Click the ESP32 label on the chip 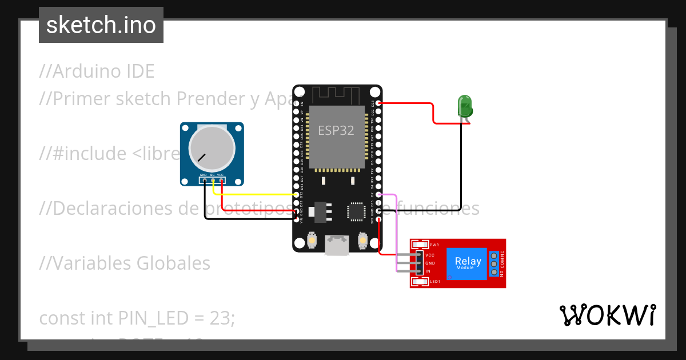click(x=336, y=130)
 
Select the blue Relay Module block click(x=467, y=263)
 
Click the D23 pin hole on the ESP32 click(x=379, y=103)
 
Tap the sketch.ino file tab click(x=101, y=25)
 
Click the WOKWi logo click(x=607, y=315)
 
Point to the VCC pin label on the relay click(x=430, y=255)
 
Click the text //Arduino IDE click(x=97, y=71)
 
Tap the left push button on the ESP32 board click(x=312, y=241)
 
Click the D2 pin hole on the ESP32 click(x=379, y=195)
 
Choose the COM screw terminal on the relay click(x=493, y=263)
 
